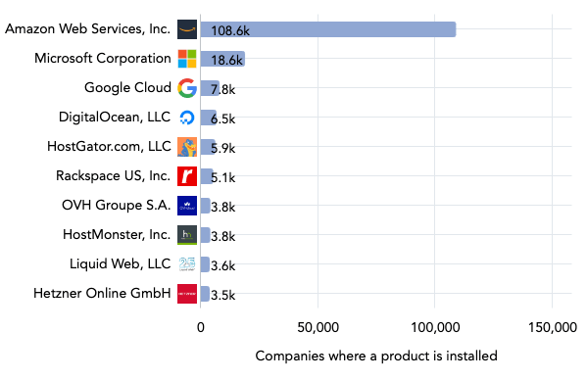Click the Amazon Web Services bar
click(x=327, y=29)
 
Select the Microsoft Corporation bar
click(x=222, y=59)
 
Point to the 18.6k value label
click(x=226, y=60)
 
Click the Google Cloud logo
click(x=187, y=88)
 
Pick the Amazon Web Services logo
click(x=187, y=29)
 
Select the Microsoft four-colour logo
click(x=187, y=59)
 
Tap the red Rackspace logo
click(x=187, y=176)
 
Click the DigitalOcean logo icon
click(x=187, y=118)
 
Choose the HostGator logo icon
click(x=187, y=147)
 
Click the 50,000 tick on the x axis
click(x=318, y=327)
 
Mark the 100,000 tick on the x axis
click(x=434, y=327)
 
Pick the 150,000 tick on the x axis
click(x=551, y=327)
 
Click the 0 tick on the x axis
click(x=201, y=327)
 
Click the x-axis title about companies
click(x=376, y=356)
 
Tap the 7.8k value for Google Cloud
click(x=222, y=89)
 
